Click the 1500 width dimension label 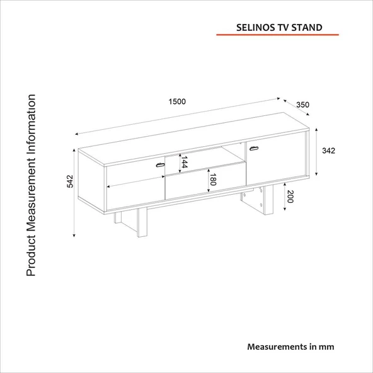[177, 101]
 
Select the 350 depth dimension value [302, 105]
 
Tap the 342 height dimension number [328, 151]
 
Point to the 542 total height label [70, 181]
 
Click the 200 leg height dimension [290, 197]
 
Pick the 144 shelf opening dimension [185, 162]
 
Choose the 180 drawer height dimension [213, 180]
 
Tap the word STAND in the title [307, 28]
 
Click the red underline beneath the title [277, 35]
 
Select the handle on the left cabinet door [160, 165]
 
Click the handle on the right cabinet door [254, 149]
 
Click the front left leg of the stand [142, 222]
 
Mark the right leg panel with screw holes [257, 199]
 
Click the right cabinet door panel [275, 158]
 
